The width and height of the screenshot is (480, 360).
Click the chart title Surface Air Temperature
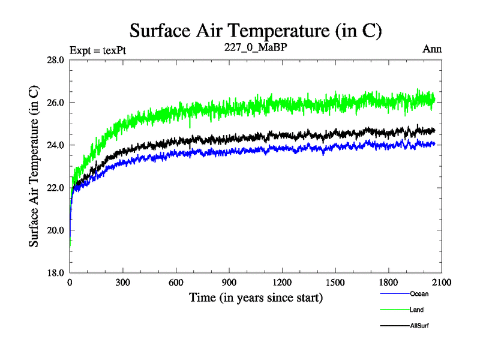[256, 30]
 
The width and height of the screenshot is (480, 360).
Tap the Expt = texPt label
[97, 49]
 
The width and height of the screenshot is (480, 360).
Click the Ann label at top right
[433, 49]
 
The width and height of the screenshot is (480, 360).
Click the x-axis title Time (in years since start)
[256, 297]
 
